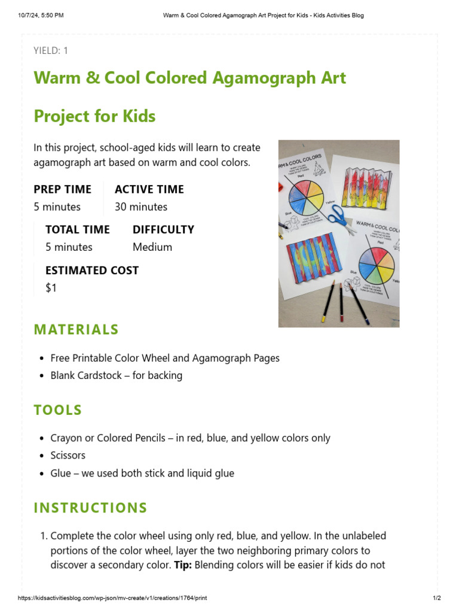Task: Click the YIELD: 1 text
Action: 51,50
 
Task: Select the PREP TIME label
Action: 63,189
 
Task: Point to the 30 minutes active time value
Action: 141,207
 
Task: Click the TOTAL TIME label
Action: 78,229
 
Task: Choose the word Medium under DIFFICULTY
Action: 152,247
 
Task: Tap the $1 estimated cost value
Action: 51,287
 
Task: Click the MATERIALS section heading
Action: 76,330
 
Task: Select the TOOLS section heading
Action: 58,410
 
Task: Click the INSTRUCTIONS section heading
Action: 90,508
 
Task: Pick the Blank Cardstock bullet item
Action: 117,375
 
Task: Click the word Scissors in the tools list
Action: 68,455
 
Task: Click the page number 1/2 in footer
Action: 436,598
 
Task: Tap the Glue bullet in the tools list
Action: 142,473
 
